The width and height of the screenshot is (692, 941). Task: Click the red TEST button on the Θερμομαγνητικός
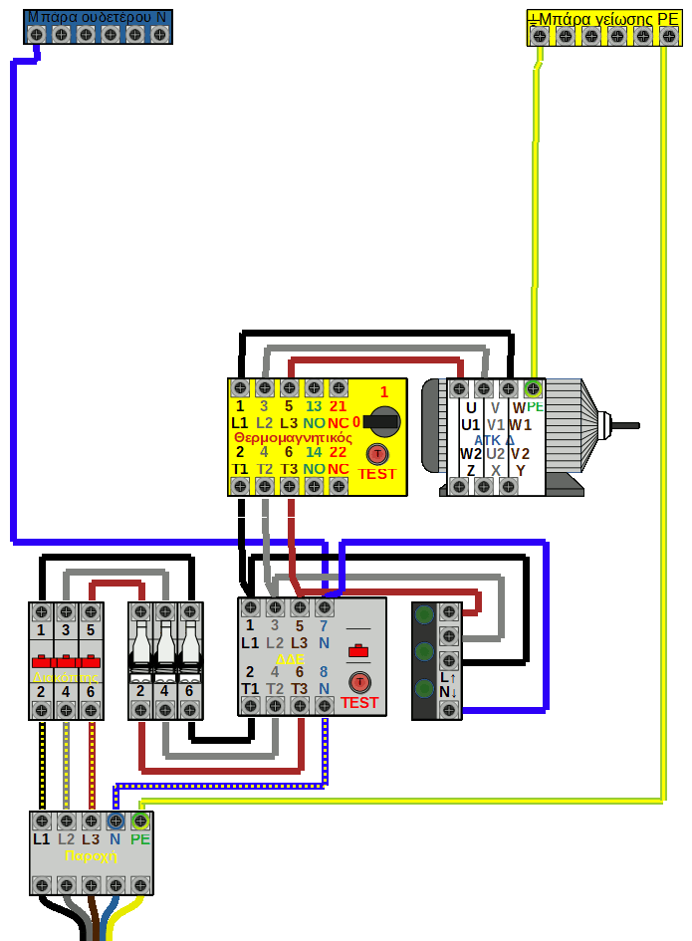(377, 454)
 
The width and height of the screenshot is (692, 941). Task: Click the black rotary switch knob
(379, 422)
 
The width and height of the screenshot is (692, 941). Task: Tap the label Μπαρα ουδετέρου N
(97, 16)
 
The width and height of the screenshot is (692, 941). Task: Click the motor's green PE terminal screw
(533, 387)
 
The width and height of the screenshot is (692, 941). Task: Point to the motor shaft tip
(634, 425)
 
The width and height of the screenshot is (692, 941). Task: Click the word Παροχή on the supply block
(91, 855)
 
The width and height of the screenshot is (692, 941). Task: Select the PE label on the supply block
(140, 839)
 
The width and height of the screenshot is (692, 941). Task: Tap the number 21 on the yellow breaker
(339, 405)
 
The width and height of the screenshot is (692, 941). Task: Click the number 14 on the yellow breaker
(314, 452)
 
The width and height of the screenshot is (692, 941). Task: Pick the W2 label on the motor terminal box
(471, 454)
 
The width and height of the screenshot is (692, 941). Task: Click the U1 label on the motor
(471, 424)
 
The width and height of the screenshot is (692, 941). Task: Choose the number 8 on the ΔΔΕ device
(324, 672)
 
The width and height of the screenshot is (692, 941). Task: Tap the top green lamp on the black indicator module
(424, 614)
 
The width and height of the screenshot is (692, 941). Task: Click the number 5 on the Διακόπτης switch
(91, 630)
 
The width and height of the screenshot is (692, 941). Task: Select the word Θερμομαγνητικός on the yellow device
(293, 437)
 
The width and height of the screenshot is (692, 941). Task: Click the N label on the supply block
(115, 839)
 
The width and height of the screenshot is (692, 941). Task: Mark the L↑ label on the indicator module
(448, 677)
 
